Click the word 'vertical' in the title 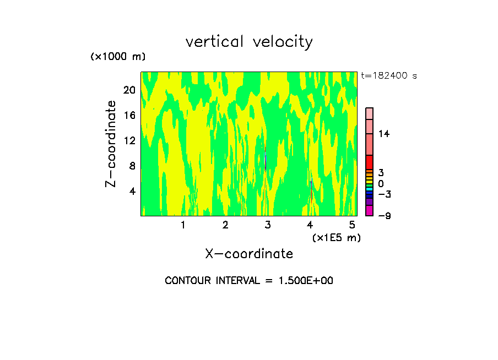pos(211,42)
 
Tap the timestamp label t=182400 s pos(389,76)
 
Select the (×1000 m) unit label pos(118,57)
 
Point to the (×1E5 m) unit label pos(337,237)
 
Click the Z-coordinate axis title pos(111,143)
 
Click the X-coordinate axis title pos(249,254)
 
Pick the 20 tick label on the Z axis pos(129,90)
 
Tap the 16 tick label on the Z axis pos(129,116)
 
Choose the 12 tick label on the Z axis pos(129,141)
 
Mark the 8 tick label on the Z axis pos(132,166)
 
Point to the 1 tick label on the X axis pos(183,225)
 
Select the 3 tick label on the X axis pos(268,225)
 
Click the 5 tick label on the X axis pos(352,225)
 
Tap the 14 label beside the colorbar pos(384,134)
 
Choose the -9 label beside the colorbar pos(384,216)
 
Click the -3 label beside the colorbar pos(384,194)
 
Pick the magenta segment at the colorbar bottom pos(369,210)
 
